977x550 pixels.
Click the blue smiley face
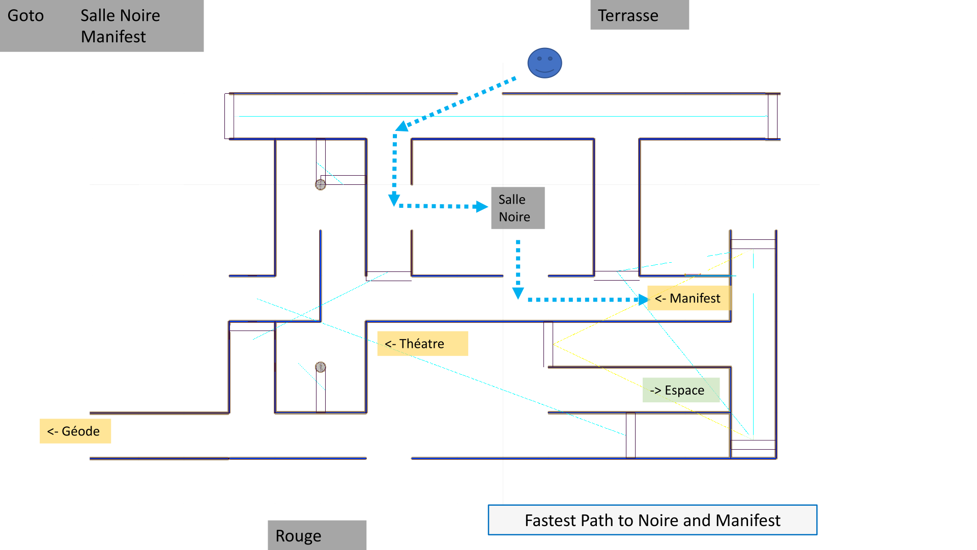click(544, 63)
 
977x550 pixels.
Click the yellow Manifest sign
click(689, 298)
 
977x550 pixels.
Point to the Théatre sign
click(422, 343)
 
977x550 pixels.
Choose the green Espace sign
click(681, 390)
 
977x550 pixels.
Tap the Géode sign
click(75, 431)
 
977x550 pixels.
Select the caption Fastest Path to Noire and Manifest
click(652, 520)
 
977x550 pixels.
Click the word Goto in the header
click(25, 16)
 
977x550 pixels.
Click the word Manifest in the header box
click(113, 37)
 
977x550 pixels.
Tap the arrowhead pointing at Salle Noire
click(481, 206)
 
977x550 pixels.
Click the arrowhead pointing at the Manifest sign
click(644, 299)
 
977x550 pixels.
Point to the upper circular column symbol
click(320, 184)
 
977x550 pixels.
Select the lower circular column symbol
click(320, 367)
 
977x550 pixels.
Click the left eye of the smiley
click(539, 59)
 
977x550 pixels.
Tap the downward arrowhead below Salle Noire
click(518, 293)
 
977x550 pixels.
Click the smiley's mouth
click(544, 70)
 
